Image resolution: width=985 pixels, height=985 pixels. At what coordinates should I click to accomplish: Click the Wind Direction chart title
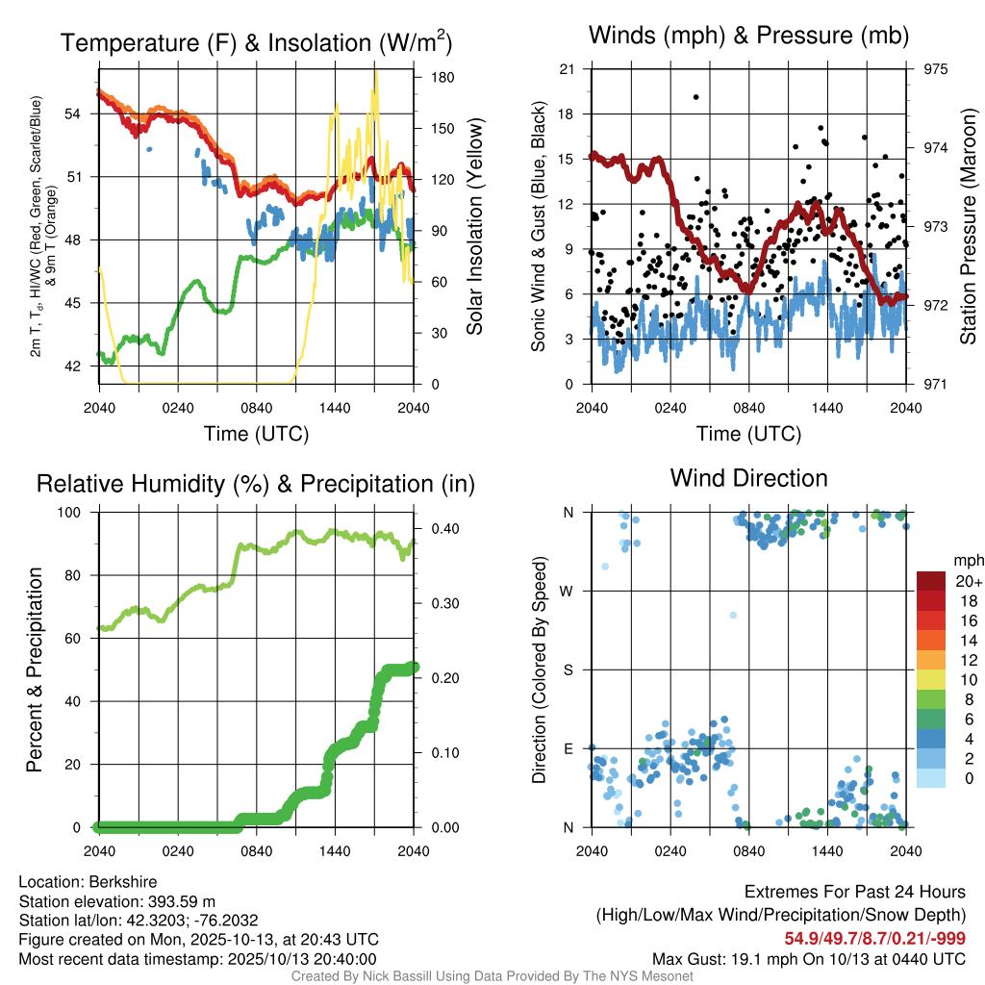coord(748,478)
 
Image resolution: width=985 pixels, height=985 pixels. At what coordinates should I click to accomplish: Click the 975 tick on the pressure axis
coord(935,69)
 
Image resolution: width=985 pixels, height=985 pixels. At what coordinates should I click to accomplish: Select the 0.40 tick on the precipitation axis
coord(443,529)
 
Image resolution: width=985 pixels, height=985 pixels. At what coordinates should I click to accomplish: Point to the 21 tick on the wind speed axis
coord(567,69)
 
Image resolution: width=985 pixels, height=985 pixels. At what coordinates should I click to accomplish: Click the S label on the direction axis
coord(568,669)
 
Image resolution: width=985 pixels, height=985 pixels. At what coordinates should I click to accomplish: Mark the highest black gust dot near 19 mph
coord(695,97)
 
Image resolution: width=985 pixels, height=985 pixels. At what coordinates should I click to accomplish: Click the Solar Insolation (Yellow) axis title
coord(474,226)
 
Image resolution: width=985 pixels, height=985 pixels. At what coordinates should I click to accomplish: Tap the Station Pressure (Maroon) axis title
coord(969,226)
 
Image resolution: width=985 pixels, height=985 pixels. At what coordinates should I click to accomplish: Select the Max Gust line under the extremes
coord(809,958)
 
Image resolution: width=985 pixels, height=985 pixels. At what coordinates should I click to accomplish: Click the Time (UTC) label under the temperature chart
coord(256,434)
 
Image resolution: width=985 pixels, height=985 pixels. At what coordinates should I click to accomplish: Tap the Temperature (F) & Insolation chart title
coord(256,43)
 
